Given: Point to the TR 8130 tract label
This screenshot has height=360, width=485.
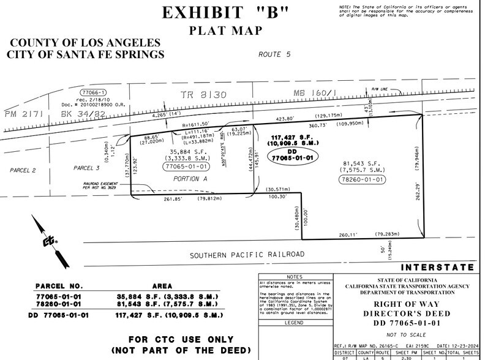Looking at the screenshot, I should point(197,96).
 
